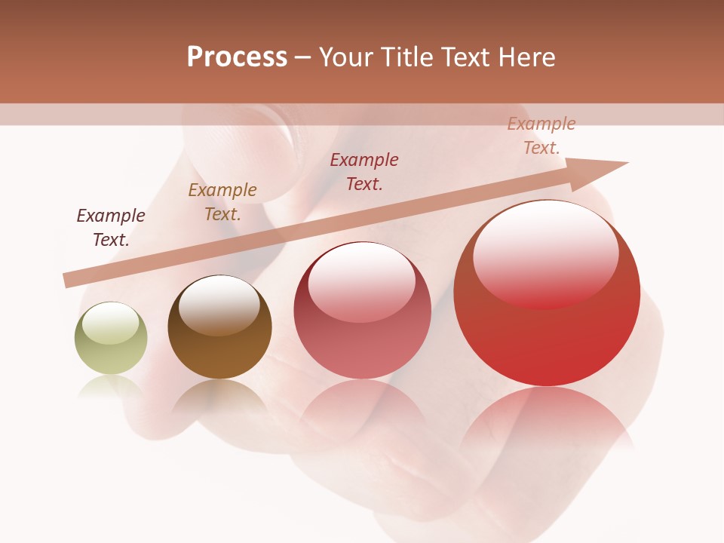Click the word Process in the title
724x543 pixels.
click(237, 57)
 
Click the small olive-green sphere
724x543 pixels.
click(111, 339)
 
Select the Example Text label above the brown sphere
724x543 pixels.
click(222, 202)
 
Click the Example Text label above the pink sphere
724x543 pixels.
click(364, 171)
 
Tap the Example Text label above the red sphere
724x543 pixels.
click(541, 136)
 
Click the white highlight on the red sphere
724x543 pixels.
click(545, 253)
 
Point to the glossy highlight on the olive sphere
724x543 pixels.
click(110, 323)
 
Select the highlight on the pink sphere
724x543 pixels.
click(361, 282)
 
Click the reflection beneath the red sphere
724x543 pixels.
click(547, 422)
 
